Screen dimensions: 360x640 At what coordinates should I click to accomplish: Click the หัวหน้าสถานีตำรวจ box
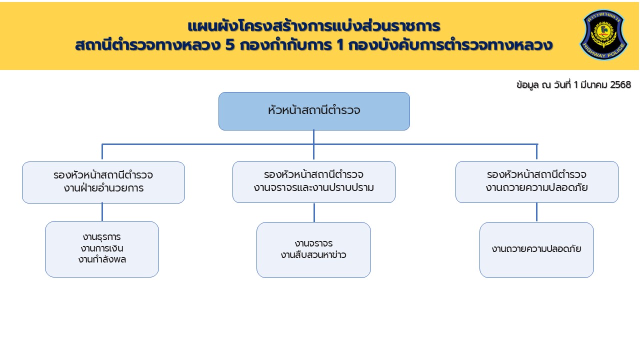[314, 111]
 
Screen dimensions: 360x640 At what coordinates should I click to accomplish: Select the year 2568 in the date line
[620, 85]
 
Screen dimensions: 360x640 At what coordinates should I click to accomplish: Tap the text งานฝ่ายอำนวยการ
[103, 188]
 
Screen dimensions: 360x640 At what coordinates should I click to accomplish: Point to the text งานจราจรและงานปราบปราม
[314, 188]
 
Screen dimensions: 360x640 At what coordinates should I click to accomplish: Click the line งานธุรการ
[102, 236]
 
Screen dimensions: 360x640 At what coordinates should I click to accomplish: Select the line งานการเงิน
[102, 248]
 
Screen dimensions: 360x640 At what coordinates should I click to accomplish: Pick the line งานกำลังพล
[102, 259]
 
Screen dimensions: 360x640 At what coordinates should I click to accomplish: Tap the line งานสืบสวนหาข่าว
[313, 255]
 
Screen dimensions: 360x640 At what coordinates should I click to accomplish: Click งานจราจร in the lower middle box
[313, 243]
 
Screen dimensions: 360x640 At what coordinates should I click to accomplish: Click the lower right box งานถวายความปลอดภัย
[536, 249]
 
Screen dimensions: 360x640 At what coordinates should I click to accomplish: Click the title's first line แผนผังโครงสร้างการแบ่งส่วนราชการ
[313, 26]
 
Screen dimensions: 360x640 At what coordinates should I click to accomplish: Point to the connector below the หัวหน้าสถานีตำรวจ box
[313, 137]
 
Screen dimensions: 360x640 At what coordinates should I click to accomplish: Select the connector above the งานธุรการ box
[102, 212]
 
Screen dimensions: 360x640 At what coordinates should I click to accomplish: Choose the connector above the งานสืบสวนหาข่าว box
[314, 212]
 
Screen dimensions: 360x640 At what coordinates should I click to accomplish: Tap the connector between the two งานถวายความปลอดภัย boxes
[536, 212]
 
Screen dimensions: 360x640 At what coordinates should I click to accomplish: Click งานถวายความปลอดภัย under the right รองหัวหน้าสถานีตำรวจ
[536, 188]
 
